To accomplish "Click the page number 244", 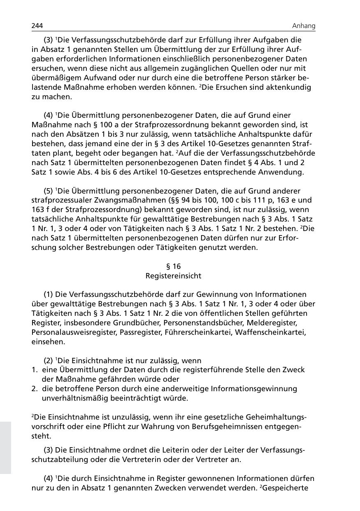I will point(37,26).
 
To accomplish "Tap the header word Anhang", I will point(304,26).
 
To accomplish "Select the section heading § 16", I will point(173,266).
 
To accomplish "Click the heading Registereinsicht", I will point(173,276).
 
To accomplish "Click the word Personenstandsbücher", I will point(202,323).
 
